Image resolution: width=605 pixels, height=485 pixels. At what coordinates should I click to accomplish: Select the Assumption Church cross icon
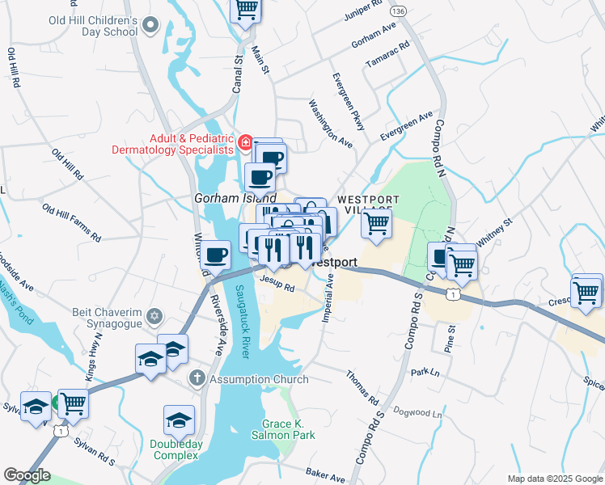[197, 378]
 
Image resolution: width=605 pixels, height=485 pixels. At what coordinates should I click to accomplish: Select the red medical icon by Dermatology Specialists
[245, 143]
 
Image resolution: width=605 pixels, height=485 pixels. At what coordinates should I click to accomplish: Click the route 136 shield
[397, 11]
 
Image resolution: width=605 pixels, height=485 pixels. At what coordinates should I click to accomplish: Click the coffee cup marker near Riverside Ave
[215, 255]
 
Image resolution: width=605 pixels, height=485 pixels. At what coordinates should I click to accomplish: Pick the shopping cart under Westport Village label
[376, 222]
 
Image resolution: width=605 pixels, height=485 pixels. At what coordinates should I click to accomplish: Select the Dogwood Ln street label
[418, 411]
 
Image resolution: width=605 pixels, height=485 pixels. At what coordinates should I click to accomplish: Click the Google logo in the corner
[26, 474]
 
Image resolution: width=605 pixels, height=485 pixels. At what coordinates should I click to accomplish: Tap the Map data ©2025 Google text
[553, 479]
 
